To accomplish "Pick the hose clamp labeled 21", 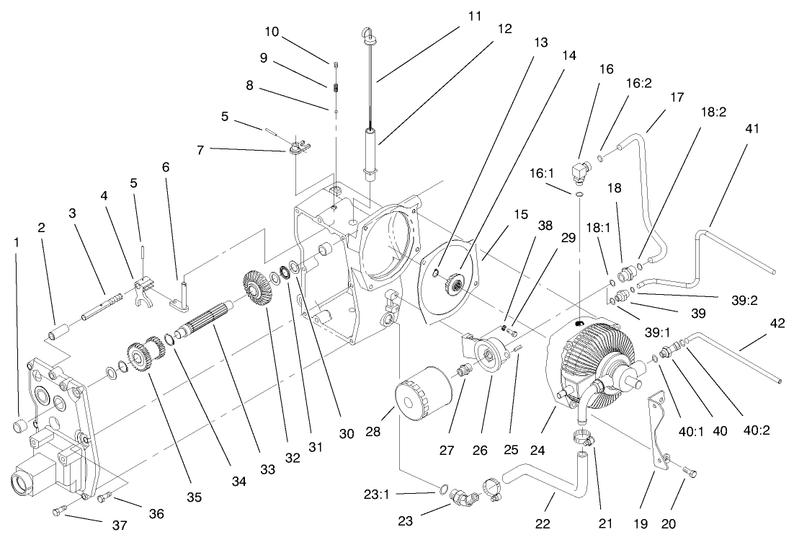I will (x=581, y=437).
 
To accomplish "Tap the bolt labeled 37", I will (x=59, y=511).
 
